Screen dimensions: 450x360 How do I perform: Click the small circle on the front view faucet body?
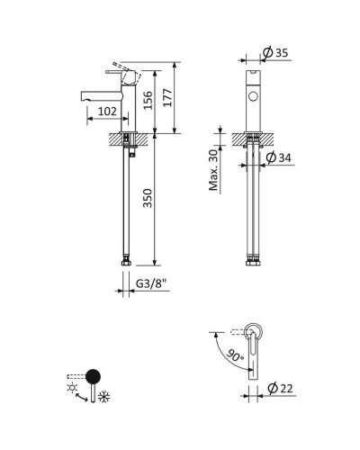pyautogui.click(x=251, y=94)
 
